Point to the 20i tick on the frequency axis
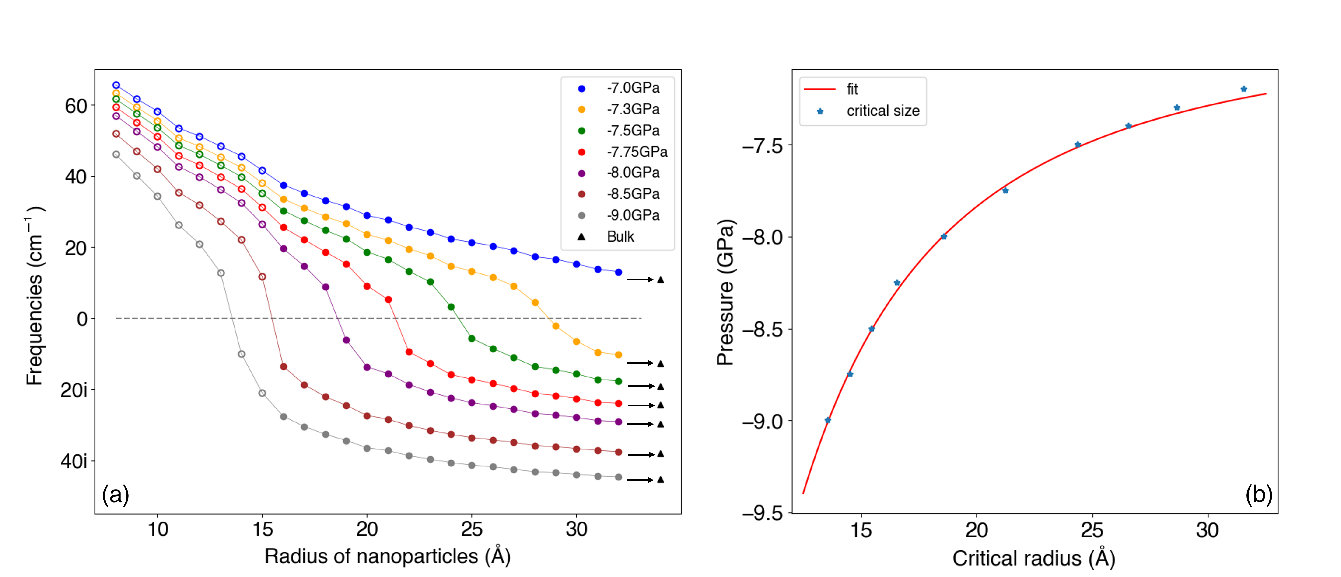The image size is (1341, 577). [74, 390]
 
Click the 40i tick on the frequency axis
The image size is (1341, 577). [74, 461]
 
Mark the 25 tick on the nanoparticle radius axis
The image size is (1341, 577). [472, 529]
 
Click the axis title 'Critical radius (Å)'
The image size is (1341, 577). [1033, 558]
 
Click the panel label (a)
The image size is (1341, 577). [116, 494]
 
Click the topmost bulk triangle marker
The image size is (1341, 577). [660, 280]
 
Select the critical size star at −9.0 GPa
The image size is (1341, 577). [828, 420]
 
